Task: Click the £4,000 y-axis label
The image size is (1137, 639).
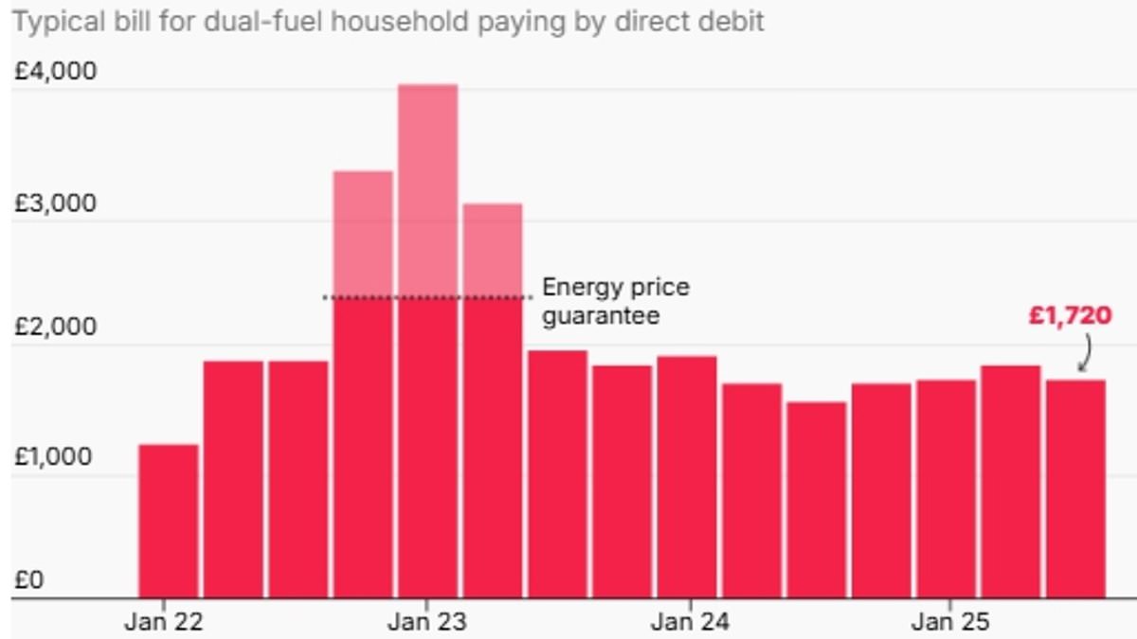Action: (54, 72)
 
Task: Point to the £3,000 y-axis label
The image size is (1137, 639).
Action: (54, 204)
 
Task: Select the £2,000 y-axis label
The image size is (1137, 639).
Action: (54, 327)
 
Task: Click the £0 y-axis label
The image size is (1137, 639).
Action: (27, 580)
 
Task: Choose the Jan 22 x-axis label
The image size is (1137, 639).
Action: (164, 622)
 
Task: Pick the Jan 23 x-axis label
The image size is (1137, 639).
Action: (426, 622)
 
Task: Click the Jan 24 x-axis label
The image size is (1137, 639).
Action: (691, 622)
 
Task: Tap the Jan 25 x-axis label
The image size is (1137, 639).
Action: (950, 622)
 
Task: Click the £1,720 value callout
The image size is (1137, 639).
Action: (1070, 315)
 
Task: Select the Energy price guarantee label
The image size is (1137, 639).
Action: (615, 301)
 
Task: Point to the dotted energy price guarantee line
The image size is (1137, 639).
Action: (426, 297)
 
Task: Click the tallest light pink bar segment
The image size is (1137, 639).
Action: (427, 189)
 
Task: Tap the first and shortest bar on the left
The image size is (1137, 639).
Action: (169, 521)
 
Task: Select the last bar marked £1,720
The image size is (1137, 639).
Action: (1075, 488)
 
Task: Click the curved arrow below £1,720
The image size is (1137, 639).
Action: (1085, 357)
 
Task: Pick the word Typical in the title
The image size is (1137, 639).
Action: (51, 22)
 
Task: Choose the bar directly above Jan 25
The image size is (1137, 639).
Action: (946, 488)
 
